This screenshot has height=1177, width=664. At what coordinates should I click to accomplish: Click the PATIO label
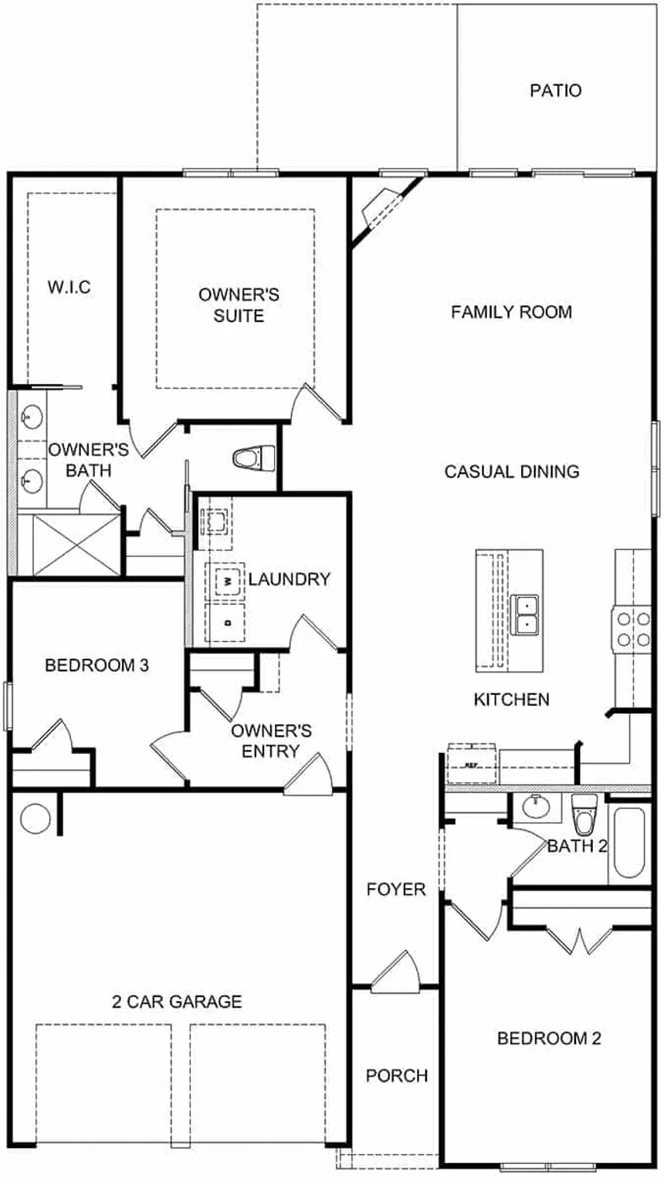click(555, 90)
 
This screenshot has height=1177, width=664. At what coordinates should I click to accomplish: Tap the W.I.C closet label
click(69, 288)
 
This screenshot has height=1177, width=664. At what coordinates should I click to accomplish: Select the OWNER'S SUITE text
click(239, 305)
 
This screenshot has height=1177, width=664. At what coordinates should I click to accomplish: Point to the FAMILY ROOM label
click(511, 312)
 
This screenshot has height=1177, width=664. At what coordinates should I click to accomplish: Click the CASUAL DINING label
click(511, 471)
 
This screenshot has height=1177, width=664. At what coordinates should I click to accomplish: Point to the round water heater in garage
click(35, 817)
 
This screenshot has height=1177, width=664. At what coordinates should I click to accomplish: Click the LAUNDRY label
click(289, 579)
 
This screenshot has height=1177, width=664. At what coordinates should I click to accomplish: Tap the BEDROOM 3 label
click(97, 665)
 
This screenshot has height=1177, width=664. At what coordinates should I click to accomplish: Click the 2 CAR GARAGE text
click(177, 1002)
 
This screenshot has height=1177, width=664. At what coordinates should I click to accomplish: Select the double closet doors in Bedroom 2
click(578, 938)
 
